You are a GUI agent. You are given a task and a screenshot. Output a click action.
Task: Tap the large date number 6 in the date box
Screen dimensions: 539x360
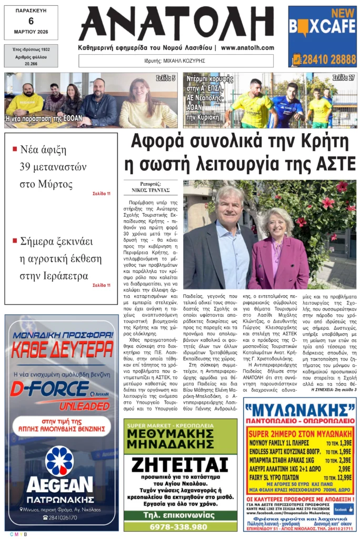point(31,21)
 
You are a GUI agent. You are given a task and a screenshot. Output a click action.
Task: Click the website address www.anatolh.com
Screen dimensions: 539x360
point(247,47)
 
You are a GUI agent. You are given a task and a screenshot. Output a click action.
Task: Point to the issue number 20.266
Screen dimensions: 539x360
point(31,63)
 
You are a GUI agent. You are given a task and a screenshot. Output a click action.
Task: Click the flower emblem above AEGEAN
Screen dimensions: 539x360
point(59,461)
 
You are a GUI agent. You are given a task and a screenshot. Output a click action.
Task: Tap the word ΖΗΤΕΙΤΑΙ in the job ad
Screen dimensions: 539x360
point(180,465)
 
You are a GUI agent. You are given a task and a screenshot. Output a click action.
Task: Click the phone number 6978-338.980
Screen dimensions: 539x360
point(179,526)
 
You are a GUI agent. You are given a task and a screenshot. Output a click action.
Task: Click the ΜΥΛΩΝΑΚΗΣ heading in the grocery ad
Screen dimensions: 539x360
point(299,409)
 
